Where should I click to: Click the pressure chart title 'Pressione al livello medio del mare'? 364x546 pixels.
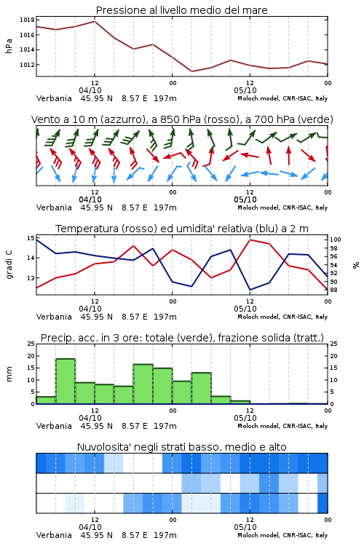point(181,10)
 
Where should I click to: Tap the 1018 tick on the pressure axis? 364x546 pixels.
point(27,20)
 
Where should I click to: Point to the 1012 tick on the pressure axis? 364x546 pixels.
point(27,65)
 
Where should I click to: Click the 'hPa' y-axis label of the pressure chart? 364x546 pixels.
point(9,46)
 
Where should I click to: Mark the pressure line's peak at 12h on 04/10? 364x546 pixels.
point(95,21)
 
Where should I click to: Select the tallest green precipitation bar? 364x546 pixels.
point(66,381)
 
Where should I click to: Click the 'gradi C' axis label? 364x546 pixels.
point(9,264)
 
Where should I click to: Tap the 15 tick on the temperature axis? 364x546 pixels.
point(31,238)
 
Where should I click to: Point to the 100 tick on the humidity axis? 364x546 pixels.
point(336,240)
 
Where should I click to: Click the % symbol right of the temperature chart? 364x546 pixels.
point(356,265)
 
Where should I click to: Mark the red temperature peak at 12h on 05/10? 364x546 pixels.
point(250,240)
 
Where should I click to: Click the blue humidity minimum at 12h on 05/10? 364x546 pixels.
point(250,290)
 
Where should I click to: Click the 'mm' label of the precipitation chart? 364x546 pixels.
point(9,374)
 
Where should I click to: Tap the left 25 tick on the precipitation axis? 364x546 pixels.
point(31,344)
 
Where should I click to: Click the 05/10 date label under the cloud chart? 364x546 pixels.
point(245,527)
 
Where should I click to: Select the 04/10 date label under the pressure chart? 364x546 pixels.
point(90,90)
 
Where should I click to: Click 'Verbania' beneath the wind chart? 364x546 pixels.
point(54,207)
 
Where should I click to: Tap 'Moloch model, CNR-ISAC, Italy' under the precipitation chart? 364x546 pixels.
point(282,426)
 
